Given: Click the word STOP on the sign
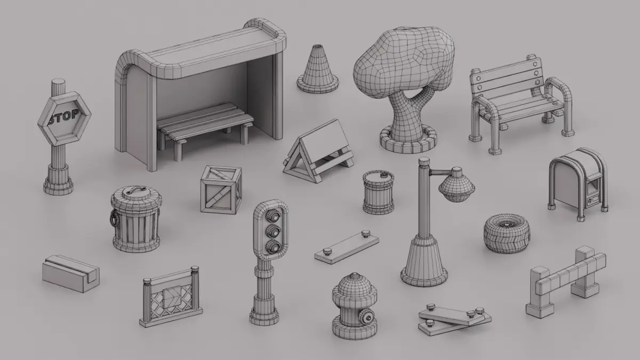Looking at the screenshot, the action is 63,117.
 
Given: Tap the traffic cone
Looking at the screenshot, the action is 317,69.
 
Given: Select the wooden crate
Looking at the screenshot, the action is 221,189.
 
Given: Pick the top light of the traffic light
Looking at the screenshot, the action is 273,215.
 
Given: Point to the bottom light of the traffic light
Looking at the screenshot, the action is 273,247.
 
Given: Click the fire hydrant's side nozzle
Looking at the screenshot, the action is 367,318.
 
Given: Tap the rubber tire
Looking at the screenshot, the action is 507,234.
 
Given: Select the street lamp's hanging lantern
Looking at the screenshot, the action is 457,185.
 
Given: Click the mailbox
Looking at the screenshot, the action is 578,183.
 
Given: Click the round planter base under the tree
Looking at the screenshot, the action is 409,140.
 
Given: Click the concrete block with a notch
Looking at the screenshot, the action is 70,274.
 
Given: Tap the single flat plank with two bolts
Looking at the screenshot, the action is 347,247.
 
